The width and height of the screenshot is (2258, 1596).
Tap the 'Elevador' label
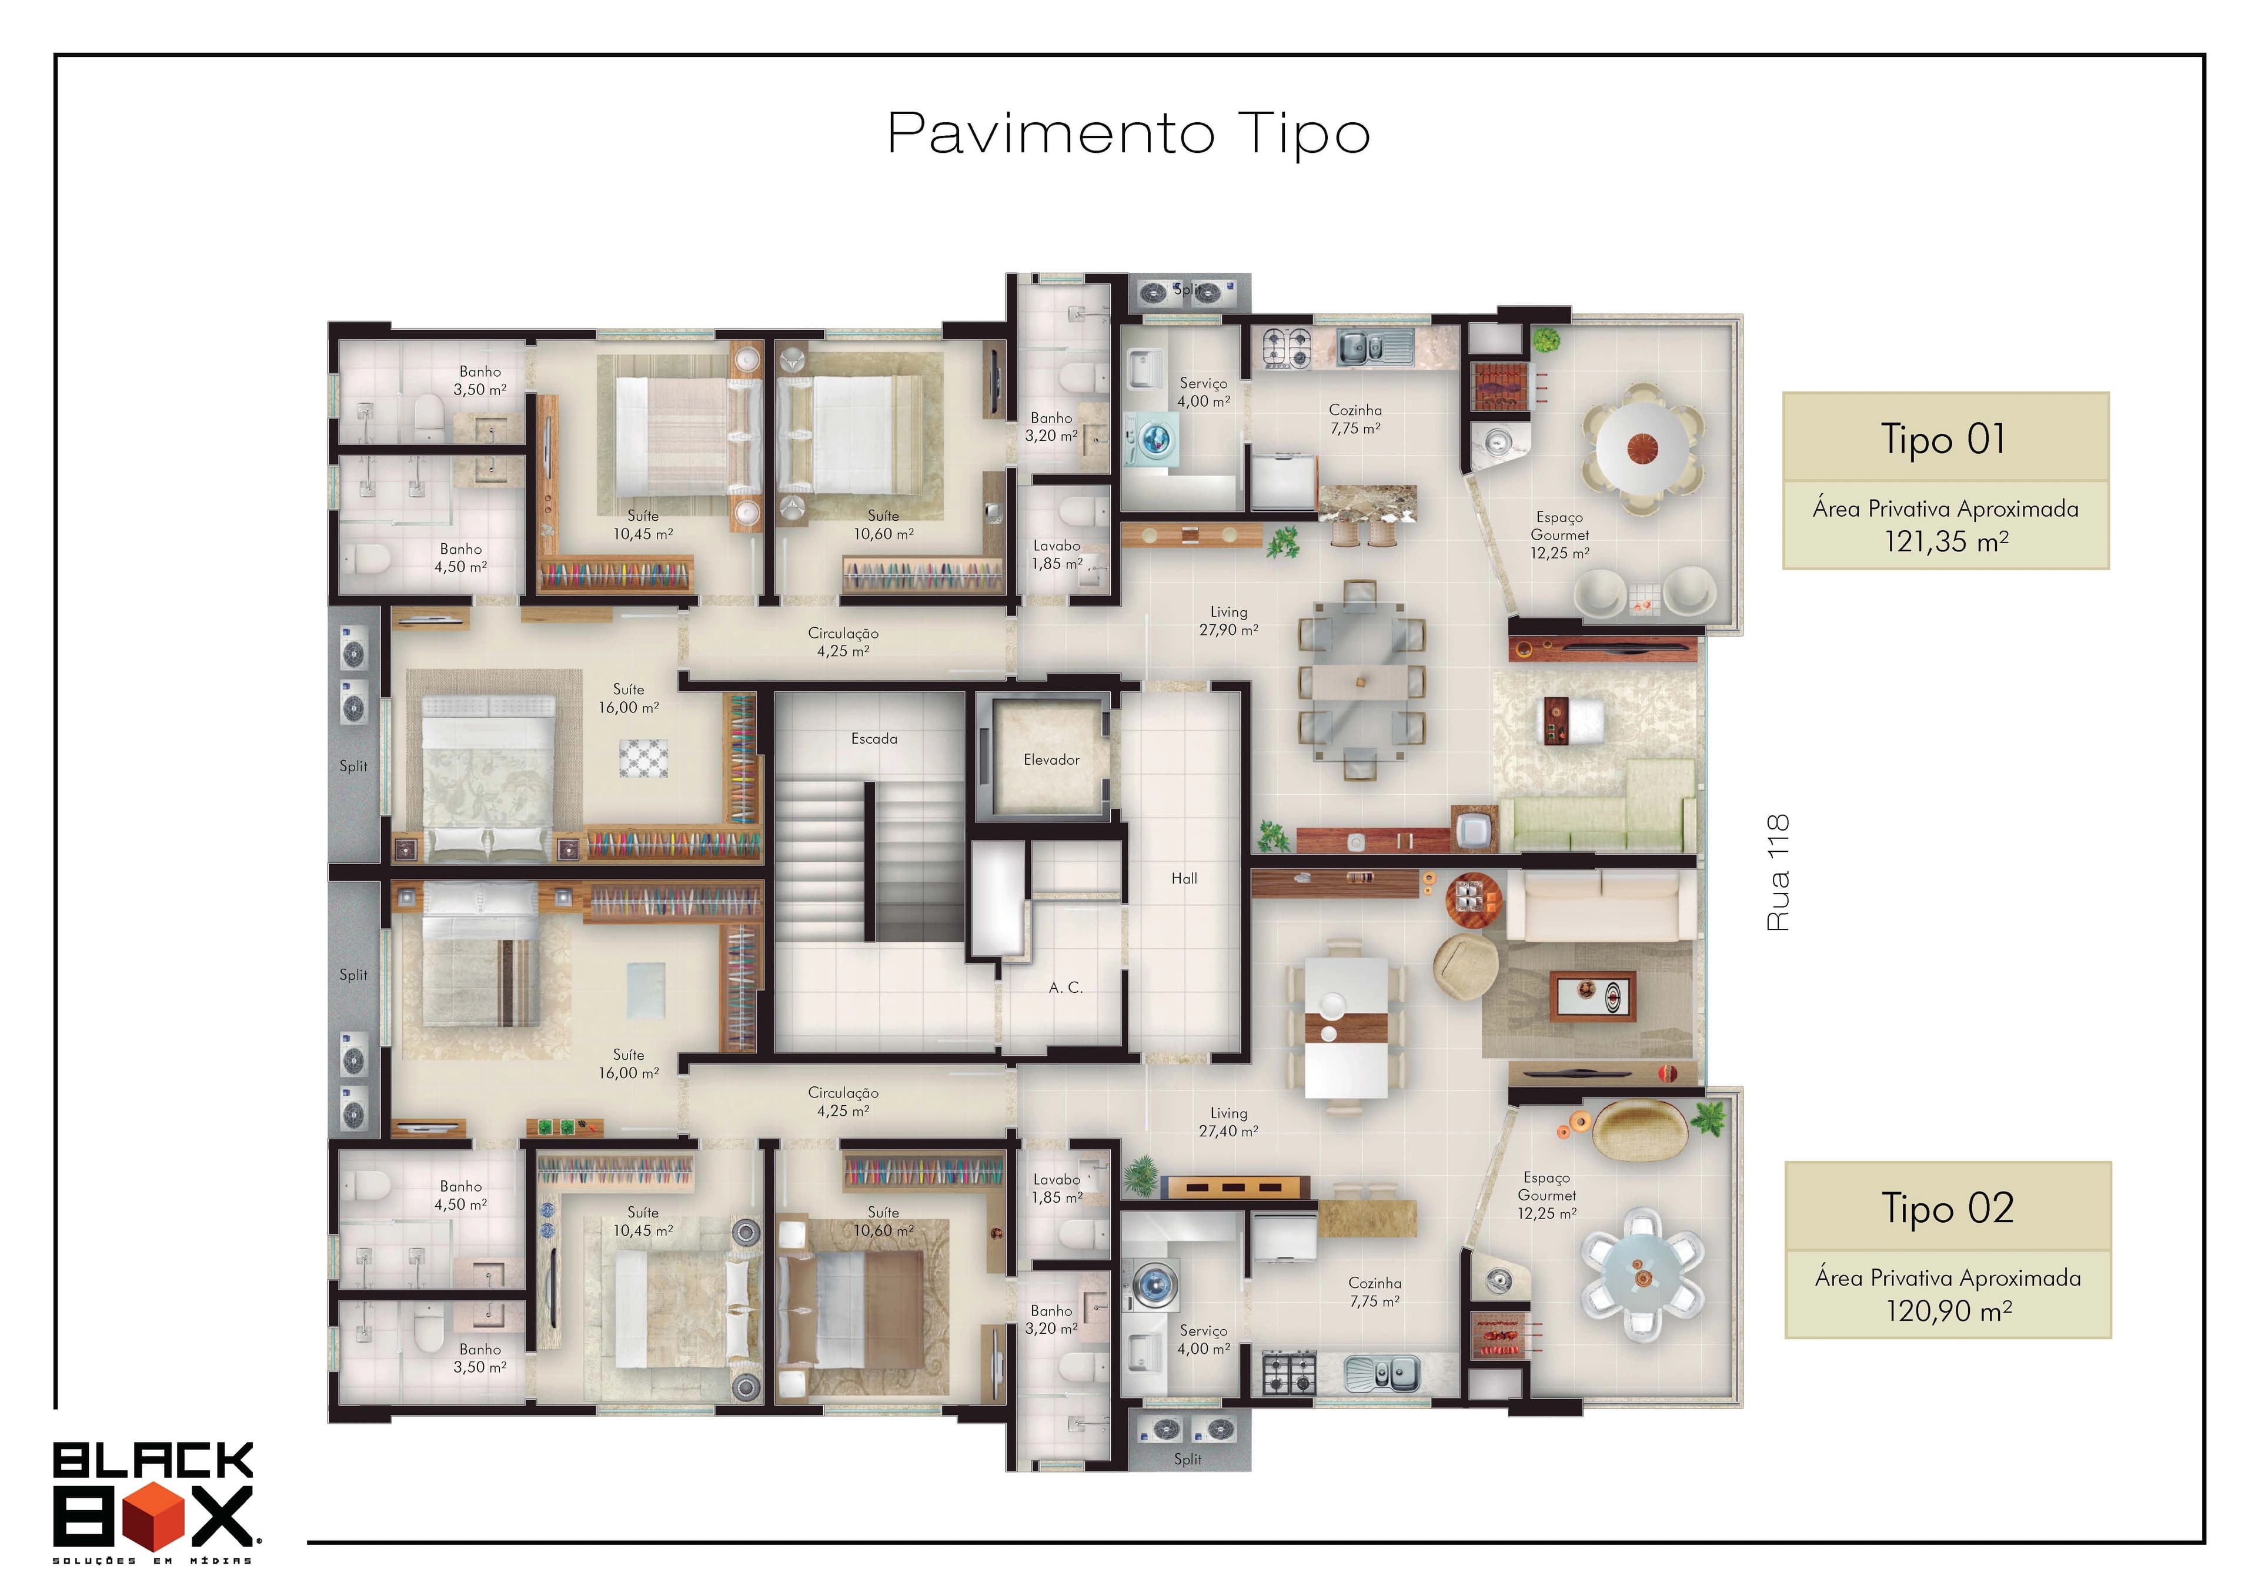tap(1051, 760)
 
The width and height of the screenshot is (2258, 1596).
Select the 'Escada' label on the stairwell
tap(874, 738)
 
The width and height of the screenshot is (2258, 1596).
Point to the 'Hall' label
tap(1184, 878)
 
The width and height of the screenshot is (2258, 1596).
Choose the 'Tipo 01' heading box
tap(1945, 437)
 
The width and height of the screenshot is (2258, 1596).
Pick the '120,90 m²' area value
tap(1949, 1311)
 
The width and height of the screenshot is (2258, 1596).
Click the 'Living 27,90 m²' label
tap(1228, 621)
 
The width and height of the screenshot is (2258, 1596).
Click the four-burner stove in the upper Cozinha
tap(1287, 347)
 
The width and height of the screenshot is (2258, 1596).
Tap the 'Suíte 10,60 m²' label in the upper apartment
tap(883, 525)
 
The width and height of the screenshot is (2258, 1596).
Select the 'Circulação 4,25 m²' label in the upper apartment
tap(843, 642)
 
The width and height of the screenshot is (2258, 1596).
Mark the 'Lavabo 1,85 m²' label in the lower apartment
tap(1057, 1189)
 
